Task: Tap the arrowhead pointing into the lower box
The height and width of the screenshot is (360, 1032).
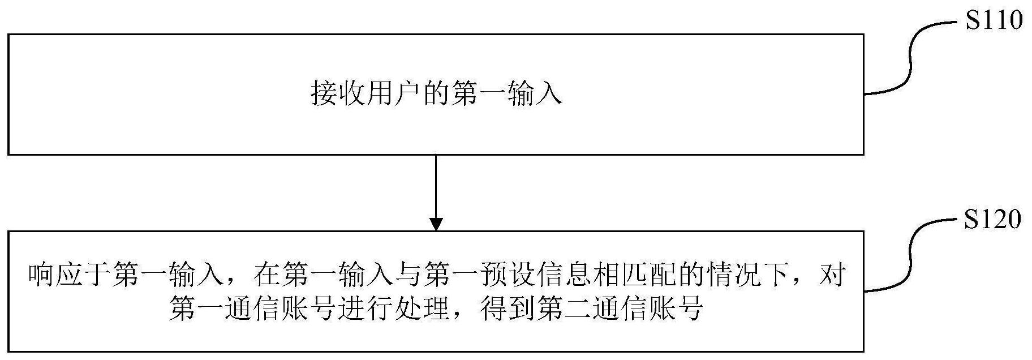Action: click(x=436, y=224)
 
